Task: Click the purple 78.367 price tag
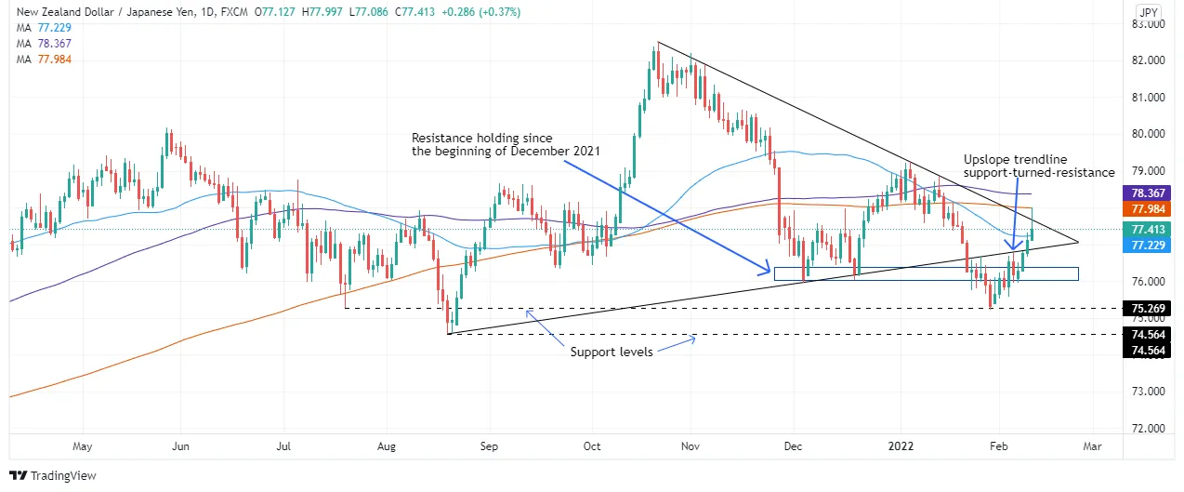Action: pos(1147,193)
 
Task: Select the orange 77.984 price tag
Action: pos(1147,209)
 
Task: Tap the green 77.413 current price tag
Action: pos(1147,230)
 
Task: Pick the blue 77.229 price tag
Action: pos(1147,245)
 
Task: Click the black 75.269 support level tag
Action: pos(1147,309)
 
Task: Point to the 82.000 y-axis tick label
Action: pos(1148,60)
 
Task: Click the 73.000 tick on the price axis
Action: pos(1148,392)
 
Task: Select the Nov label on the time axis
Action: pos(691,446)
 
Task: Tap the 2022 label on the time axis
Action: pos(901,446)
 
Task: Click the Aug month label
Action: pos(387,446)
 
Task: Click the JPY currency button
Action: pos(1149,12)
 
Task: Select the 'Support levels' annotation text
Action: pos(612,352)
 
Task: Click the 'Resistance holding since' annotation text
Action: pos(482,138)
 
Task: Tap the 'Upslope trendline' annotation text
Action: pos(1016,159)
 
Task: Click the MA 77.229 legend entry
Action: pos(44,28)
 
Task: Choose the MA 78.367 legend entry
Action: pos(44,44)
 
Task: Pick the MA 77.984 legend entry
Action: pos(44,60)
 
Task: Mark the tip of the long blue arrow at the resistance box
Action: pos(770,273)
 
